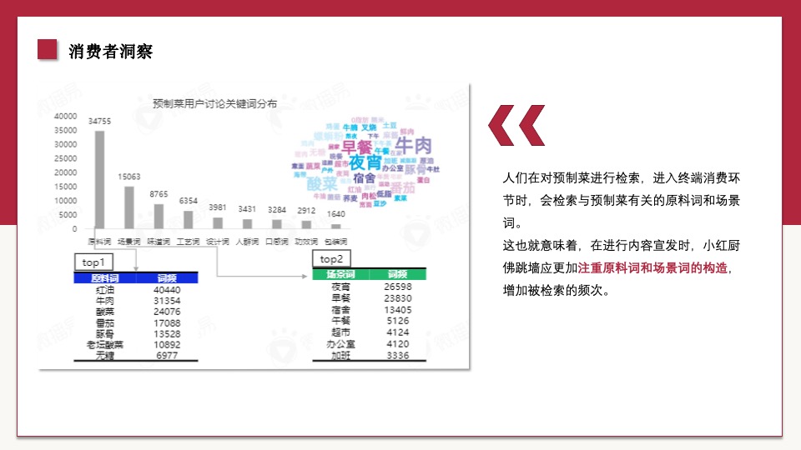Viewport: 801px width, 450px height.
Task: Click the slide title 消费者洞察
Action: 110,52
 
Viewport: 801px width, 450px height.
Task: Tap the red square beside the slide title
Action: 48,50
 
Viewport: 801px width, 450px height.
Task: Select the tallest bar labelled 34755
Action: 100,179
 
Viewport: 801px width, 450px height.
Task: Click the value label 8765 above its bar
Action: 159,194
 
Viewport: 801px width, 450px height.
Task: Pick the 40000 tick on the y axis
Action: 66,117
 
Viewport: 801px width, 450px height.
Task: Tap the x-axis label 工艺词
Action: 188,242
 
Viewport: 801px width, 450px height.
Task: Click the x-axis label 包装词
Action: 336,242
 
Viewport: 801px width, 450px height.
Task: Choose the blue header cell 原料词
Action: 104,278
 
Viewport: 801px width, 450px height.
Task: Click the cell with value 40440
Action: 167,290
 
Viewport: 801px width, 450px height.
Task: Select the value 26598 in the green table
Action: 398,287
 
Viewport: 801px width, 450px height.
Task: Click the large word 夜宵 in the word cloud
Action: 365,161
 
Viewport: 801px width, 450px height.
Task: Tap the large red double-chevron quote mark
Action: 516,126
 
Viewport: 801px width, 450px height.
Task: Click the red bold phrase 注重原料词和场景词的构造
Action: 652,268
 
